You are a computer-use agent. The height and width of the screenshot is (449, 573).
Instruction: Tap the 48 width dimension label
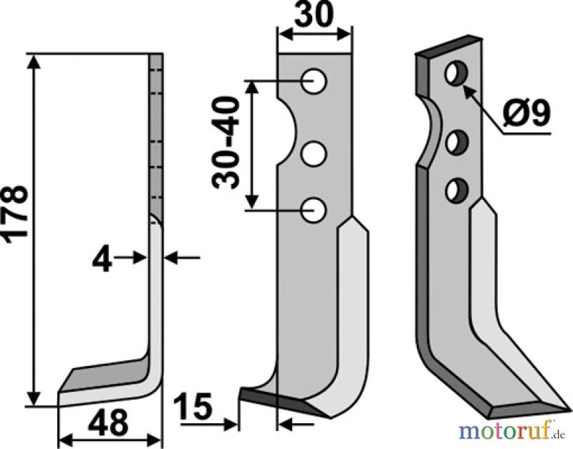pyautogui.click(x=108, y=422)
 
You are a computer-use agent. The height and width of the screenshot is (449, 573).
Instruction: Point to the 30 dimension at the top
pyautogui.click(x=314, y=14)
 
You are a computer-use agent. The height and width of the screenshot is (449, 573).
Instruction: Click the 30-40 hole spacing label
pyautogui.click(x=226, y=143)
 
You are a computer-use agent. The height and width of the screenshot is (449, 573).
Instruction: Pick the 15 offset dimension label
pyautogui.click(x=193, y=406)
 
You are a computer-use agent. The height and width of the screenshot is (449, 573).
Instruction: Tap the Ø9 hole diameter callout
pyautogui.click(x=526, y=113)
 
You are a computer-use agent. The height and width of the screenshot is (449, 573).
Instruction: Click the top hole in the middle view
pyautogui.click(x=314, y=81)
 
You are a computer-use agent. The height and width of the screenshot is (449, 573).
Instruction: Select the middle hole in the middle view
pyautogui.click(x=314, y=153)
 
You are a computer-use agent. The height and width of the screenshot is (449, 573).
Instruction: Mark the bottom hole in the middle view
pyautogui.click(x=314, y=210)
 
